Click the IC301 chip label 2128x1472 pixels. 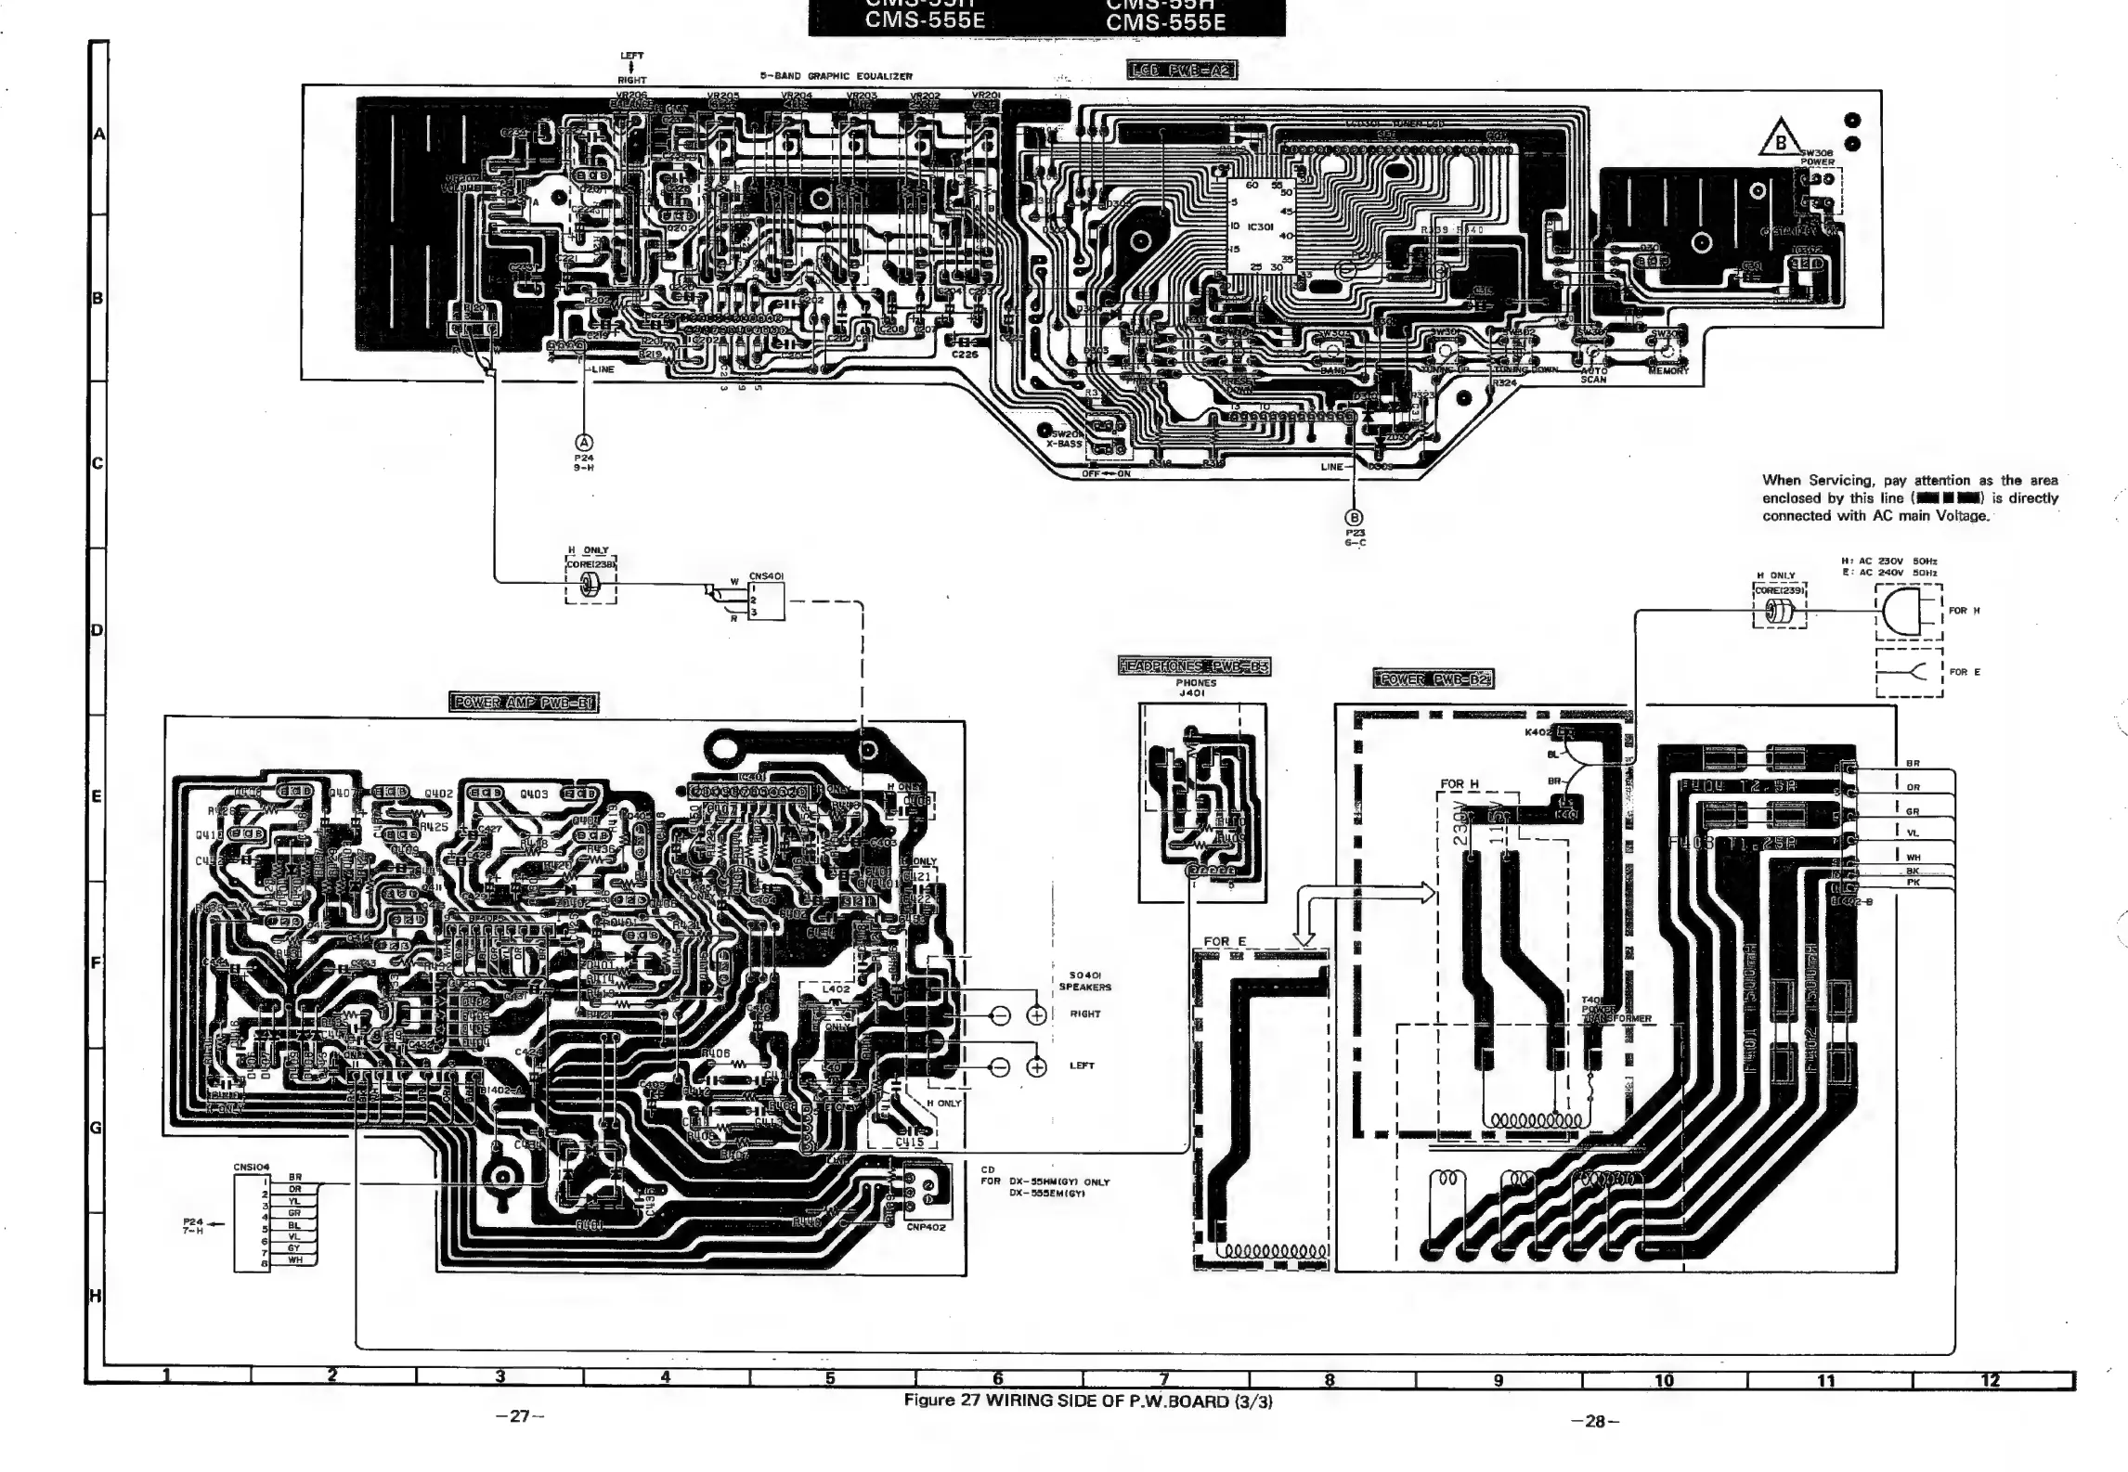tap(1260, 226)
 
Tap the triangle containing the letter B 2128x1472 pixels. tap(1779, 138)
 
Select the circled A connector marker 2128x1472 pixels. tap(584, 443)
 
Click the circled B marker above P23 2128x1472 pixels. tap(1355, 517)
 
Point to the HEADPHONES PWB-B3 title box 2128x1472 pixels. tap(1194, 665)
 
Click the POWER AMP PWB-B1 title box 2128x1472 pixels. tap(524, 702)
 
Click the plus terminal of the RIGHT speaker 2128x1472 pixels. tap(1036, 1015)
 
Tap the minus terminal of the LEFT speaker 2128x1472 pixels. tap(1000, 1067)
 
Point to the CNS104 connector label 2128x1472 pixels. tap(251, 1167)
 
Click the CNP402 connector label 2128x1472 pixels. tap(926, 1226)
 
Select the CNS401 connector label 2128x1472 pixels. tap(766, 576)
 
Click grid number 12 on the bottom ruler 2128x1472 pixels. tap(1990, 1380)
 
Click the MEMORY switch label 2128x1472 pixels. tap(1667, 371)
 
